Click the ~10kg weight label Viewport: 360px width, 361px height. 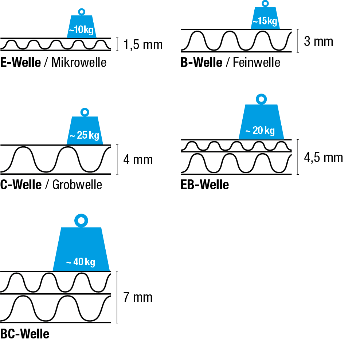[x=82, y=30]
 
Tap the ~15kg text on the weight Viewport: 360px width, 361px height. [x=265, y=21]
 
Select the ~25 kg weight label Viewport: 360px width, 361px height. [x=85, y=136]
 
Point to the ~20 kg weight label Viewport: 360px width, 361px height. [x=260, y=131]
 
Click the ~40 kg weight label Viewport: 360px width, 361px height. [x=81, y=262]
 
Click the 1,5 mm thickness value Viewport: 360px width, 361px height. [x=143, y=45]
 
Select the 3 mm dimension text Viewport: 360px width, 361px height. [x=318, y=41]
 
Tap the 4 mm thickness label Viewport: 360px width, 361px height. [x=138, y=160]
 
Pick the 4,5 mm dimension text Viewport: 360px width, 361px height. [x=323, y=158]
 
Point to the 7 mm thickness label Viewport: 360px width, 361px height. [x=138, y=298]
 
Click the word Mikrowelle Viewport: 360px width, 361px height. [x=79, y=63]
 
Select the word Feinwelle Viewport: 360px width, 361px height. [x=257, y=63]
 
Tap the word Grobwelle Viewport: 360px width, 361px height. [x=77, y=185]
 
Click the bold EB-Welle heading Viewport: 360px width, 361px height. [x=205, y=185]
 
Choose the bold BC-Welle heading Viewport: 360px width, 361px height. [x=25, y=334]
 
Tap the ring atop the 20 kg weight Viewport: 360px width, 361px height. [x=261, y=99]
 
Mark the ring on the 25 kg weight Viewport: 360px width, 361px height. [x=85, y=112]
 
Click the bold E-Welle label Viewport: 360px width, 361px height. [x=20, y=63]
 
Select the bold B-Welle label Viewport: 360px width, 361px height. [x=201, y=63]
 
